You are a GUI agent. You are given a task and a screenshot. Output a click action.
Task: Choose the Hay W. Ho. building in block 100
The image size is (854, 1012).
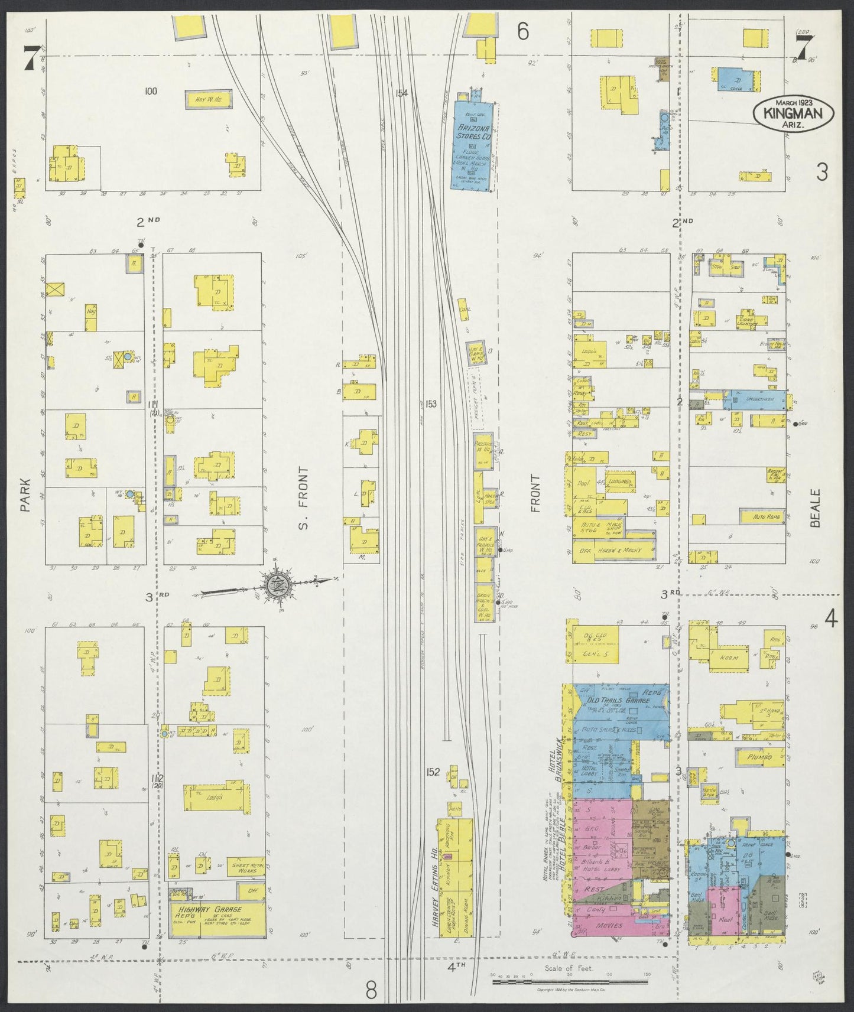tap(209, 100)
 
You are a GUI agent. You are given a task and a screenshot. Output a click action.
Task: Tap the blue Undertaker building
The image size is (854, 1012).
tap(758, 400)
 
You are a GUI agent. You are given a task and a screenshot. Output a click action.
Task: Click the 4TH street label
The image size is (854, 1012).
tap(456, 967)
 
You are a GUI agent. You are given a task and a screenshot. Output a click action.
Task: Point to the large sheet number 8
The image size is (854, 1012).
tap(371, 989)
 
